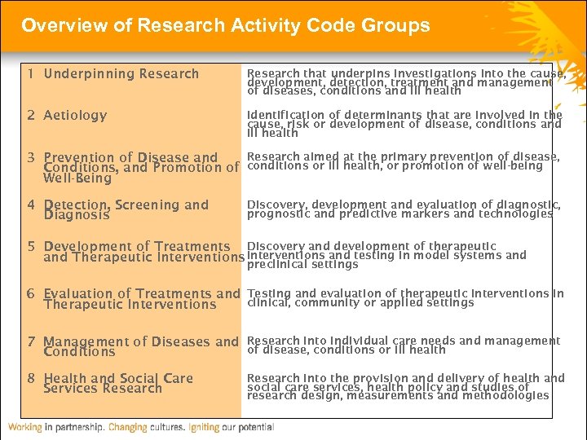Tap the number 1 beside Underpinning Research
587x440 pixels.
tap(29, 74)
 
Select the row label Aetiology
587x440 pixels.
tap(75, 116)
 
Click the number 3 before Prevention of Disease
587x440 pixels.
tap(29, 157)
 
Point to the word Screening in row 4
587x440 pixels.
tap(149, 205)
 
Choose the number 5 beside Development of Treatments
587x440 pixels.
tap(29, 246)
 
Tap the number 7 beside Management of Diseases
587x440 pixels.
tap(29, 341)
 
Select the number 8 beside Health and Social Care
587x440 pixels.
tap(29, 378)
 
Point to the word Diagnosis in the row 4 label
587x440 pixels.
tap(76, 216)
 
